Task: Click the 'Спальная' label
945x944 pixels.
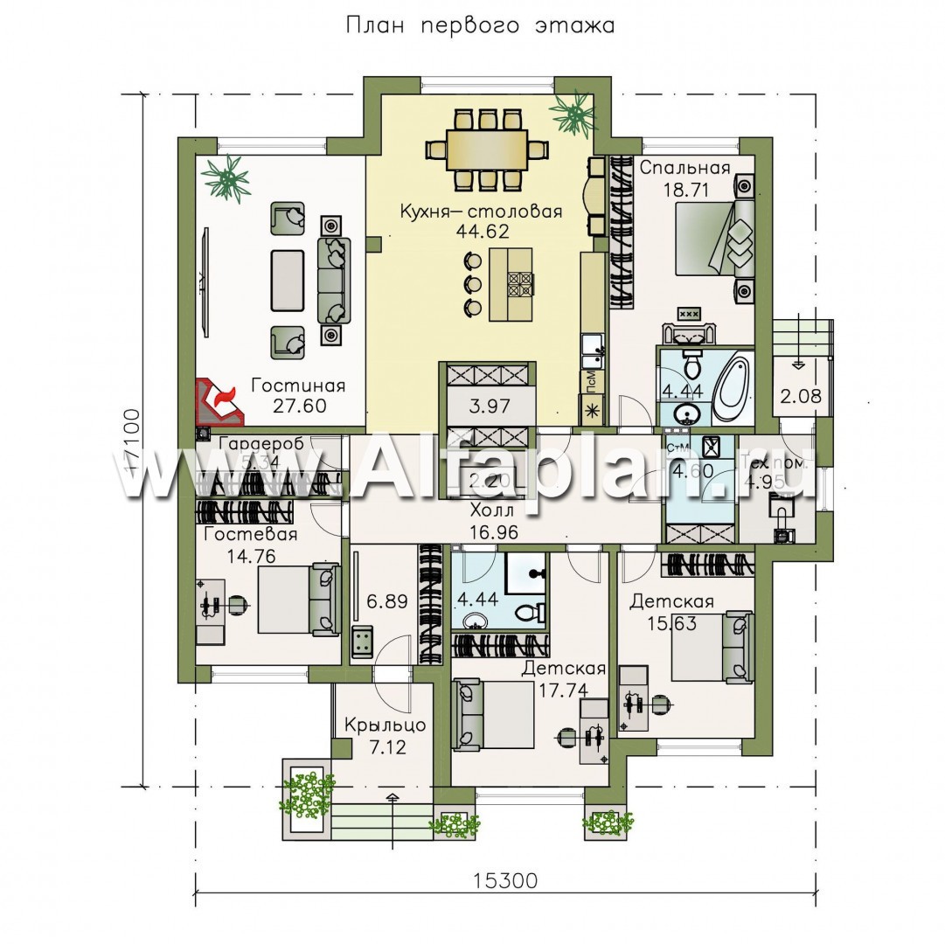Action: click(x=673, y=169)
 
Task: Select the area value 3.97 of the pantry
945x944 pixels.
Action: click(x=488, y=406)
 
